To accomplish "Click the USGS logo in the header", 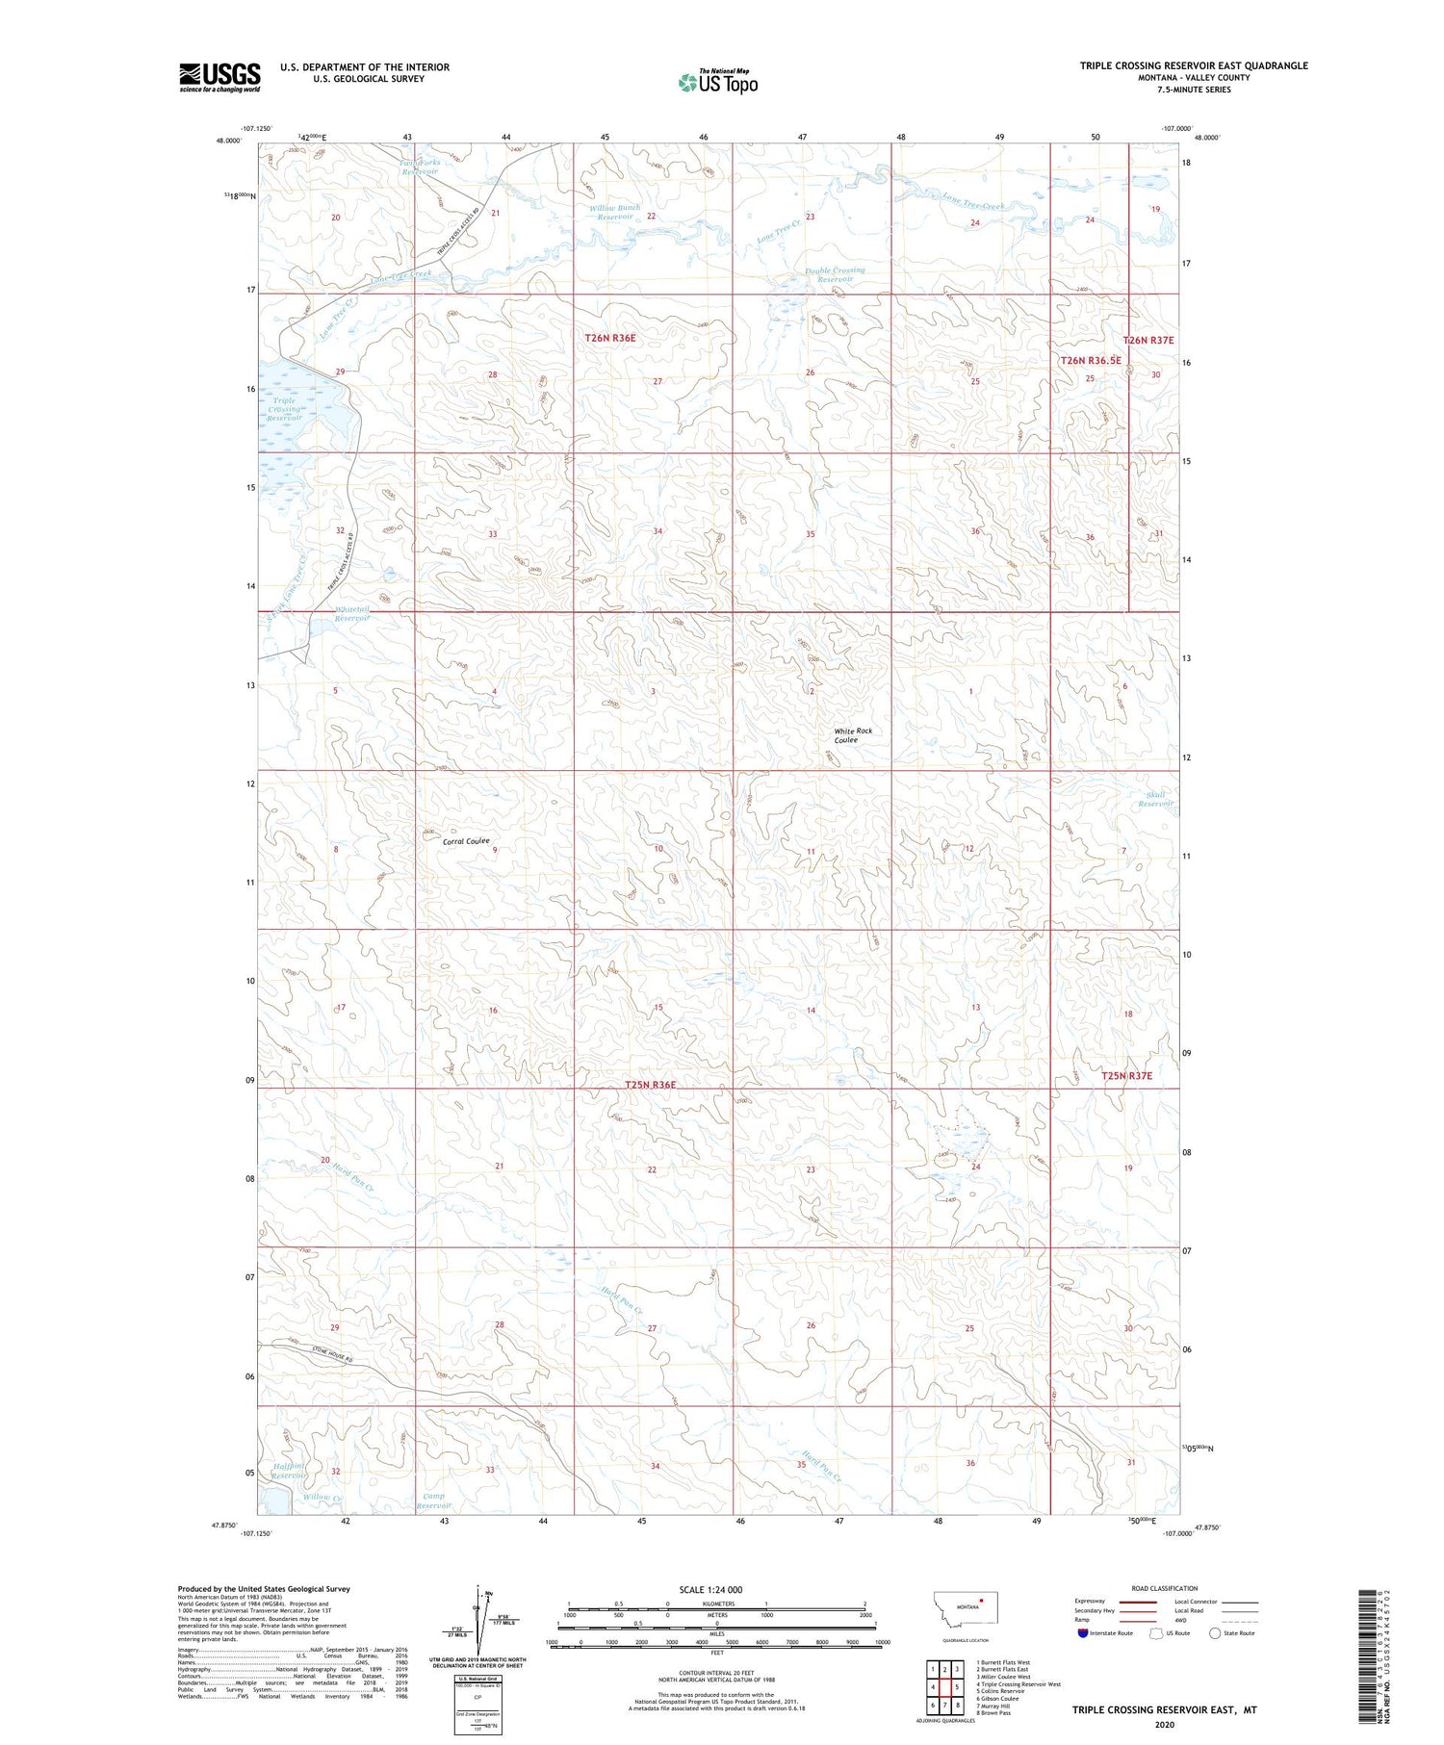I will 219,77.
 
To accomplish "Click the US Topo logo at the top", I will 717,82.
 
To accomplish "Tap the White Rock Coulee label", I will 853,735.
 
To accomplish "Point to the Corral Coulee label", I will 466,841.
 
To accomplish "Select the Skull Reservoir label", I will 1155,799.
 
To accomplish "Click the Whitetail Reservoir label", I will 351,614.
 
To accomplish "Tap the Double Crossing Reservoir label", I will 835,274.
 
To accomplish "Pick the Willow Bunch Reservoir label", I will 614,212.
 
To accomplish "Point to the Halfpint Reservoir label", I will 288,1470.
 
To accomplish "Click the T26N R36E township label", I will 610,338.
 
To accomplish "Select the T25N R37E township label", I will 1126,1076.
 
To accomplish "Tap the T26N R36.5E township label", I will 1090,360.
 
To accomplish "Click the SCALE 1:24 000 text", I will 710,1589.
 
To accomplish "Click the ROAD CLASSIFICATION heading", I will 1164,1588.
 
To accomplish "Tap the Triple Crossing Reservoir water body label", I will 286,409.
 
